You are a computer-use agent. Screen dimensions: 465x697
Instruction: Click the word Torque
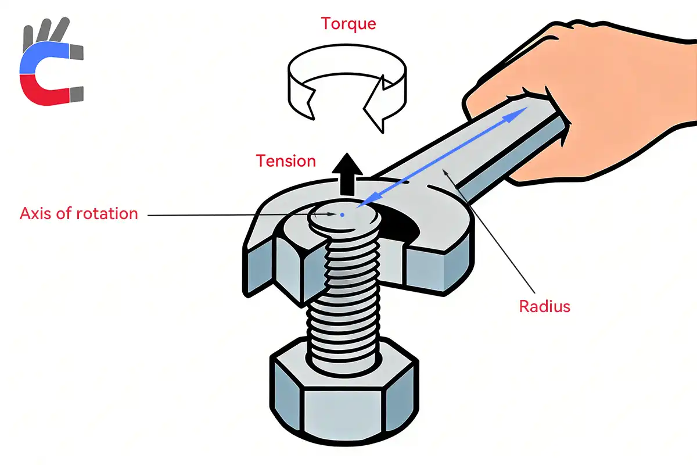point(348,24)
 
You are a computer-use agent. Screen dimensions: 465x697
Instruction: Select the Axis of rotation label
point(79,213)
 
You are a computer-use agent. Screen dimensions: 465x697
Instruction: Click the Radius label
point(543,306)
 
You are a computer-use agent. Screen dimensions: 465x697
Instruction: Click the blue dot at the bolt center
point(342,215)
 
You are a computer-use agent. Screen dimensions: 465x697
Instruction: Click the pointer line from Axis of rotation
point(232,216)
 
